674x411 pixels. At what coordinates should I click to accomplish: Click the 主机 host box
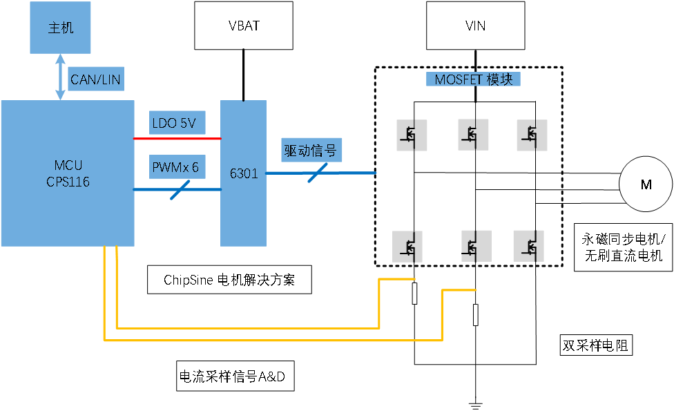60,28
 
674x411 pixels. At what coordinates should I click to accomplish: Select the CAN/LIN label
96,79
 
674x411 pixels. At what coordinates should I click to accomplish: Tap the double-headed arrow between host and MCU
61,77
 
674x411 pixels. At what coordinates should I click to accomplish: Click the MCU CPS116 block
68,173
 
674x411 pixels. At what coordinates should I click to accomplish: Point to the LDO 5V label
177,123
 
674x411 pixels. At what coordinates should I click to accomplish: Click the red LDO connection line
177,138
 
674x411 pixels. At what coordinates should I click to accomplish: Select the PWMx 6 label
177,166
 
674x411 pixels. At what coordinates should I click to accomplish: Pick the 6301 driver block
243,173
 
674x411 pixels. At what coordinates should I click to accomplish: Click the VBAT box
244,26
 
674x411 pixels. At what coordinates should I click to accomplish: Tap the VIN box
475,26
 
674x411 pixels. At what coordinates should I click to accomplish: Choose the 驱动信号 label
311,150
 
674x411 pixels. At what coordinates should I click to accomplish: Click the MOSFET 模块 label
473,79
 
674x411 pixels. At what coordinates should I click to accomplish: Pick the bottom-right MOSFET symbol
529,247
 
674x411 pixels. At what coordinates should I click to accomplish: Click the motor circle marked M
646,184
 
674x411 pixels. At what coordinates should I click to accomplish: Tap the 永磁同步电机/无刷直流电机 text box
624,247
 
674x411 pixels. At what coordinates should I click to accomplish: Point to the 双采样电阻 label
596,345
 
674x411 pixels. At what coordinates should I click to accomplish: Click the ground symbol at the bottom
475,405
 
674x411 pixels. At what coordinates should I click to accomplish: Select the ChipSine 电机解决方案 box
229,280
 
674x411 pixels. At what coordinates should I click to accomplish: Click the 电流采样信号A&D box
235,376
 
